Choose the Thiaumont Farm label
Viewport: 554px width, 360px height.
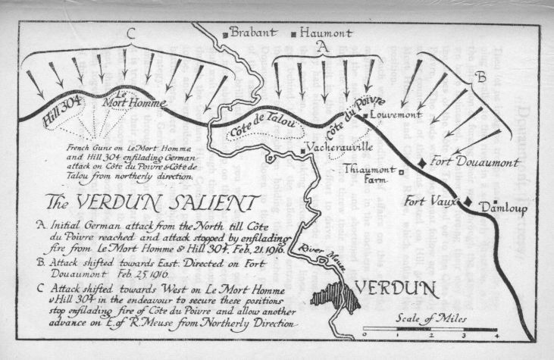click(x=369, y=176)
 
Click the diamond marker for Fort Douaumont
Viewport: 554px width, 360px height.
click(x=422, y=163)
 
